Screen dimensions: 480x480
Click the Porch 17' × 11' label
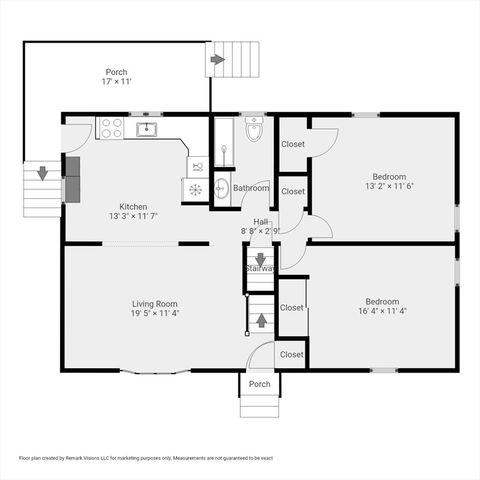116,77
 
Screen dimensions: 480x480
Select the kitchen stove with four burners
110,128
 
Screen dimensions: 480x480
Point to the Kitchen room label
133,209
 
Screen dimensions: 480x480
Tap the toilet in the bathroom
253,131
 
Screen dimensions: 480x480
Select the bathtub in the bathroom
222,144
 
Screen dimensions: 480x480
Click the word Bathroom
251,188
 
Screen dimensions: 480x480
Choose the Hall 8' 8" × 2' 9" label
260,226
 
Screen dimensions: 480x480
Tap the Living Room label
154,308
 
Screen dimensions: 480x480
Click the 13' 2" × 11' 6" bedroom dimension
389,185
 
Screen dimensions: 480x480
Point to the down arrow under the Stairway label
260,260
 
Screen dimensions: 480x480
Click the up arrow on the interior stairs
260,320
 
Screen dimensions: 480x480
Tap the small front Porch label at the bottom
259,384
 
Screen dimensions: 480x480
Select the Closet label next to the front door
292,354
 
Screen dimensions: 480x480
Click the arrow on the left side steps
41,172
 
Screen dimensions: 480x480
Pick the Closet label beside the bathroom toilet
293,144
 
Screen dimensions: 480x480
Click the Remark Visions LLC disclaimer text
146,458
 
